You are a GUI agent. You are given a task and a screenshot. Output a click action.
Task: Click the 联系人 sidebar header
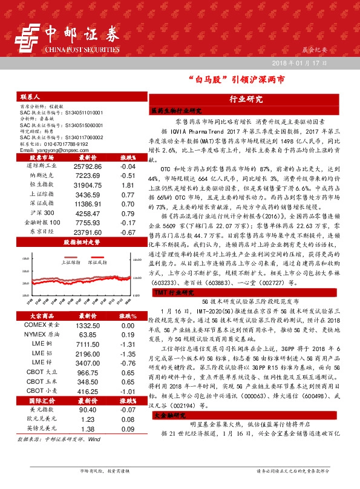click(30, 97)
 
